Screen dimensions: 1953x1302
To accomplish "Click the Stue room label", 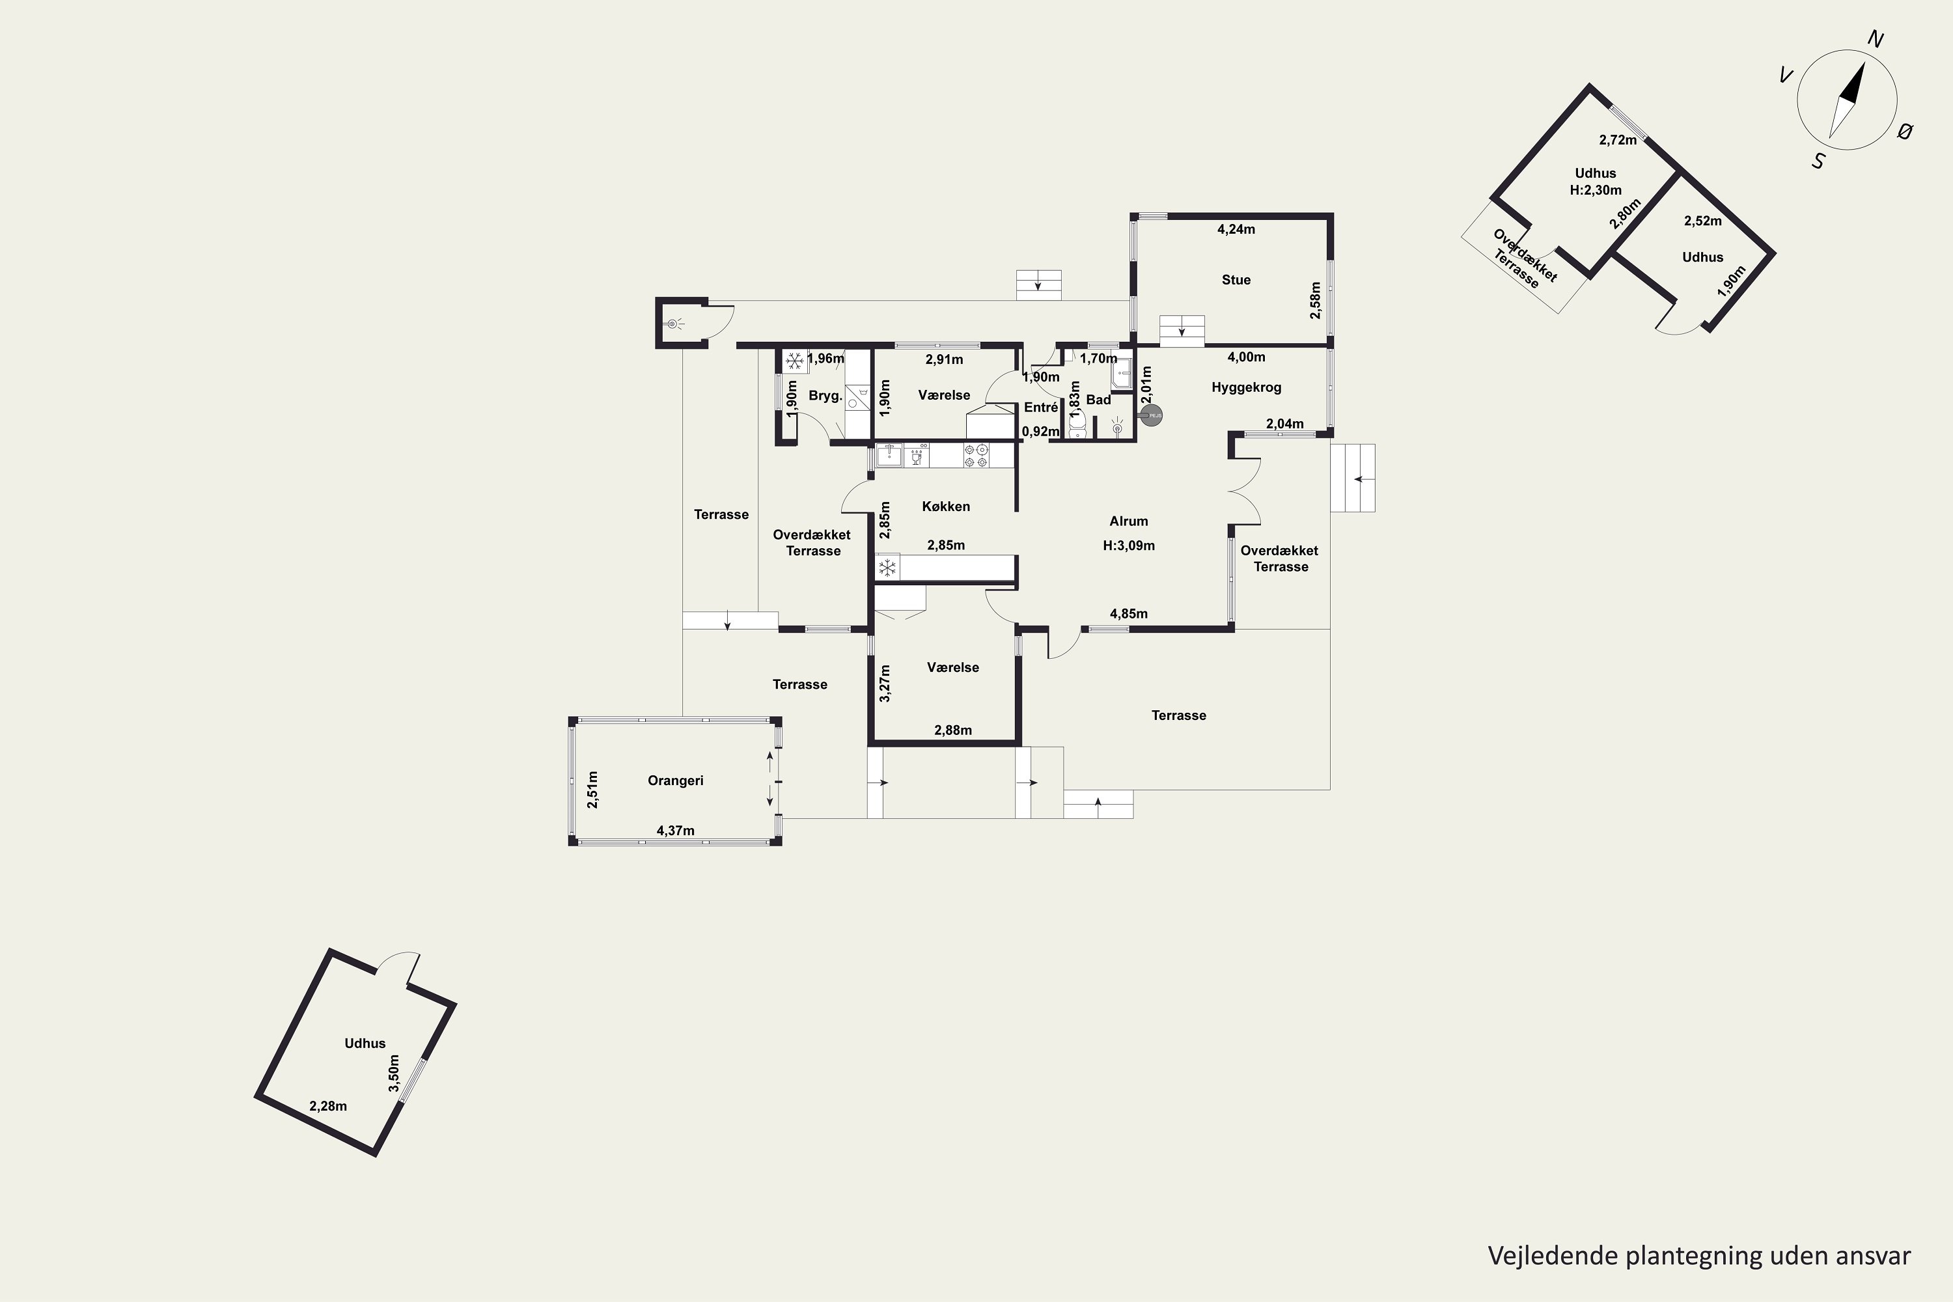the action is (1236, 280).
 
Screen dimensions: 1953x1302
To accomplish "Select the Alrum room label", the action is (1128, 521).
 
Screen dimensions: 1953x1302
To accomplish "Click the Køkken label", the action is (946, 506).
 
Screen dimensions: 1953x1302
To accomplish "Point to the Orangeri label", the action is (675, 781).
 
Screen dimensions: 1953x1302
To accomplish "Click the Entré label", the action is (1040, 408).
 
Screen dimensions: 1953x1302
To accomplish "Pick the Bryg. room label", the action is (825, 396).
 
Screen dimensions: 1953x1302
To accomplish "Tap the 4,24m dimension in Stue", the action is (1236, 230).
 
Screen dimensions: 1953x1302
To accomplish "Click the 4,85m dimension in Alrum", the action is (1128, 615).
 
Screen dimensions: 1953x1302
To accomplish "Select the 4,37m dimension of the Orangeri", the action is (675, 831).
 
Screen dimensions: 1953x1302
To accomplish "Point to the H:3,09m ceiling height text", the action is (1128, 546).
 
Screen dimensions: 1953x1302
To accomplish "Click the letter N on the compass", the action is (1875, 39).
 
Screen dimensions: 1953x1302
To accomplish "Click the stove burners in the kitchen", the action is (976, 455).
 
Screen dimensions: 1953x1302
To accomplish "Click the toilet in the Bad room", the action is (1078, 425).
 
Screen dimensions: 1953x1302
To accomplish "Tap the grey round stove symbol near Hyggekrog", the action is (1151, 415).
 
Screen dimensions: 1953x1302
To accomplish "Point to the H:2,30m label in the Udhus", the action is (1595, 190).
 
